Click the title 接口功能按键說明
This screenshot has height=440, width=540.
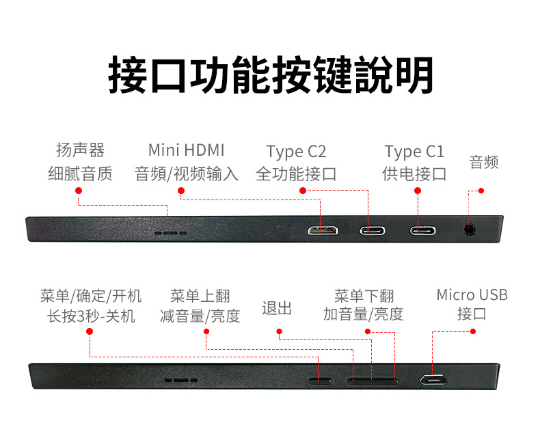pyautogui.click(x=271, y=74)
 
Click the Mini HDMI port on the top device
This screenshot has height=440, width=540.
pyautogui.click(x=323, y=230)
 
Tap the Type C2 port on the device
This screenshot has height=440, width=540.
pyautogui.click(x=373, y=230)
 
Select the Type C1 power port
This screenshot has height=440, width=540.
pyautogui.click(x=423, y=230)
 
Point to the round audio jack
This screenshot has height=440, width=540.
pyautogui.click(x=470, y=230)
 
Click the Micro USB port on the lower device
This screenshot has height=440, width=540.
pyautogui.click(x=433, y=379)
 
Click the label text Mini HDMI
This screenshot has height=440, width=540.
pyautogui.click(x=186, y=150)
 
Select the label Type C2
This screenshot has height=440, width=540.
pyautogui.click(x=296, y=152)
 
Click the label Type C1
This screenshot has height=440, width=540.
pyautogui.click(x=414, y=152)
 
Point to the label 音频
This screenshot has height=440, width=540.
pyautogui.click(x=484, y=162)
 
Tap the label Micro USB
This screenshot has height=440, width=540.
pyautogui.click(x=472, y=295)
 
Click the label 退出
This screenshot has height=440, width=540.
pyautogui.click(x=277, y=308)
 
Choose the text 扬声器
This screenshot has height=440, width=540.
pyautogui.click(x=80, y=150)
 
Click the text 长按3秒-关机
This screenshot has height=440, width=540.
pyautogui.click(x=91, y=316)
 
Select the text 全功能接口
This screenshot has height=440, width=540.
pyautogui.click(x=296, y=174)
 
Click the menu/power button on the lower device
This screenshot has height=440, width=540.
pyautogui.click(x=321, y=380)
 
